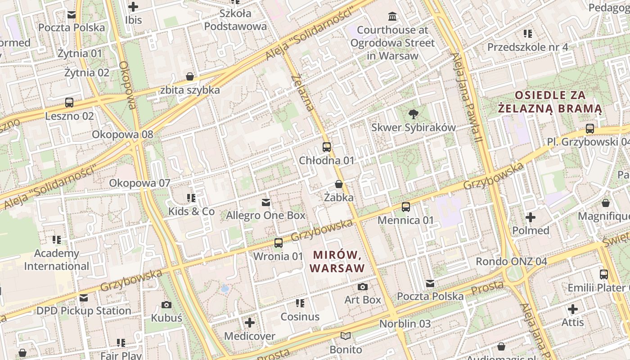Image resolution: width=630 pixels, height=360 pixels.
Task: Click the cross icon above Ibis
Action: [133, 7]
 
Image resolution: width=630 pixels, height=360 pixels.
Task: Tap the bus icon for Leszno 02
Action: [69, 103]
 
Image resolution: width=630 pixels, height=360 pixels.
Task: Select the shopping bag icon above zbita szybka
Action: [190, 76]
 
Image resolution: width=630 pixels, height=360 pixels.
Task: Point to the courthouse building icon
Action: [392, 17]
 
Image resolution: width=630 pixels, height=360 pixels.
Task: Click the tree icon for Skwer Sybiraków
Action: [413, 114]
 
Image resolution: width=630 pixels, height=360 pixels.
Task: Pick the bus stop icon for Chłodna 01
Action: [327, 147]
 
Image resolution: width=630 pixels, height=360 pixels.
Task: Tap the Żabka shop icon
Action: [339, 184]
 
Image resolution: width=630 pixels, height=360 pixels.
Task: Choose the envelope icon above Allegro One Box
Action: [266, 202]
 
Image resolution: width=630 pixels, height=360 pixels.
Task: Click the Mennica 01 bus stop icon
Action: [406, 207]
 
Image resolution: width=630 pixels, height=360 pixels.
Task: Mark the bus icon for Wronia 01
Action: [279, 243]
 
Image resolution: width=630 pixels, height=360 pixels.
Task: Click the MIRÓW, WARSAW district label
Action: [337, 261]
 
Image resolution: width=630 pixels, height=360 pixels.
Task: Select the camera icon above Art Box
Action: [363, 287]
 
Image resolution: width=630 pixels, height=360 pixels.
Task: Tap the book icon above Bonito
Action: [346, 336]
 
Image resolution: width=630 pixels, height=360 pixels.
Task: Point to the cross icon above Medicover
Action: [250, 323]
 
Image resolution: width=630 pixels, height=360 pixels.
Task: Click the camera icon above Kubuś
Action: [166, 305]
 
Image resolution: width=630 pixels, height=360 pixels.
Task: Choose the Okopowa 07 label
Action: [139, 183]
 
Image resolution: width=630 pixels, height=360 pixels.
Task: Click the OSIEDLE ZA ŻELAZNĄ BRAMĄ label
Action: [550, 102]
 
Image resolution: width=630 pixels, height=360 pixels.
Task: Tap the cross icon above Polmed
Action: [531, 217]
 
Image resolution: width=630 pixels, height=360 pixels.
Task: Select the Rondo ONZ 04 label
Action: [511, 261]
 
